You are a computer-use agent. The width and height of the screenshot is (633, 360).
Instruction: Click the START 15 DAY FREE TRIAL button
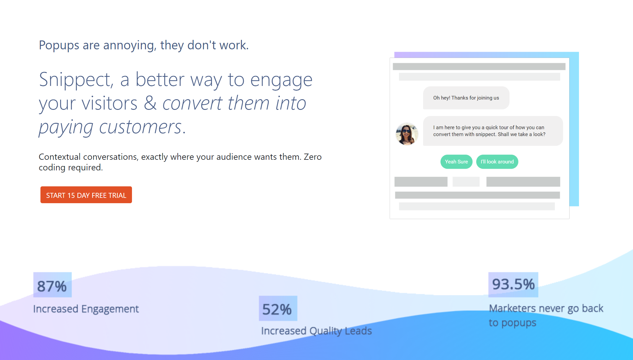[x=86, y=195]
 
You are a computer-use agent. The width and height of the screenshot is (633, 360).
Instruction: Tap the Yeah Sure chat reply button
[x=456, y=162]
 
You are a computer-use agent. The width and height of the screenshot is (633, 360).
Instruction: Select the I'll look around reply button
[x=497, y=162]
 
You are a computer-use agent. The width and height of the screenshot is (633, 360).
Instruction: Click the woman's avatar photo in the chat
[x=407, y=134]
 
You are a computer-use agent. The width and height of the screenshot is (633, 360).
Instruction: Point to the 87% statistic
[x=52, y=286]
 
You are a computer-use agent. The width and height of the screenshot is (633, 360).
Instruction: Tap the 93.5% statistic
[x=513, y=284]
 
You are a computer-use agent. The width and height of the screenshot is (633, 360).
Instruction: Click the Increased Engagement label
[x=86, y=309]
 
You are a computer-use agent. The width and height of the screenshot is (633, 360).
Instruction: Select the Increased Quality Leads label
[x=316, y=331]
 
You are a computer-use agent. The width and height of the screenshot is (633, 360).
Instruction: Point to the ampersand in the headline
[x=151, y=103]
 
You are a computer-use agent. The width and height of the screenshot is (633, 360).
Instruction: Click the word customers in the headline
[x=140, y=127]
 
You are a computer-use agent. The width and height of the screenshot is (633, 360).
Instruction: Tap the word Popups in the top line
[x=59, y=46]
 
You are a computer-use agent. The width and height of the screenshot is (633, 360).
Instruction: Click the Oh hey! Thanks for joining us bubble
[x=466, y=98]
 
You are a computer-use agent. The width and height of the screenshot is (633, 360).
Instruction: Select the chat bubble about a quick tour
[x=493, y=131]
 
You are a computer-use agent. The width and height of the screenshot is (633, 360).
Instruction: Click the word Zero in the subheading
[x=313, y=157]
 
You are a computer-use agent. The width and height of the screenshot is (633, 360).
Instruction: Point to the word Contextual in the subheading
[x=60, y=157]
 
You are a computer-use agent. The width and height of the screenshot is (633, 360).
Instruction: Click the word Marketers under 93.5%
[x=513, y=308]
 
